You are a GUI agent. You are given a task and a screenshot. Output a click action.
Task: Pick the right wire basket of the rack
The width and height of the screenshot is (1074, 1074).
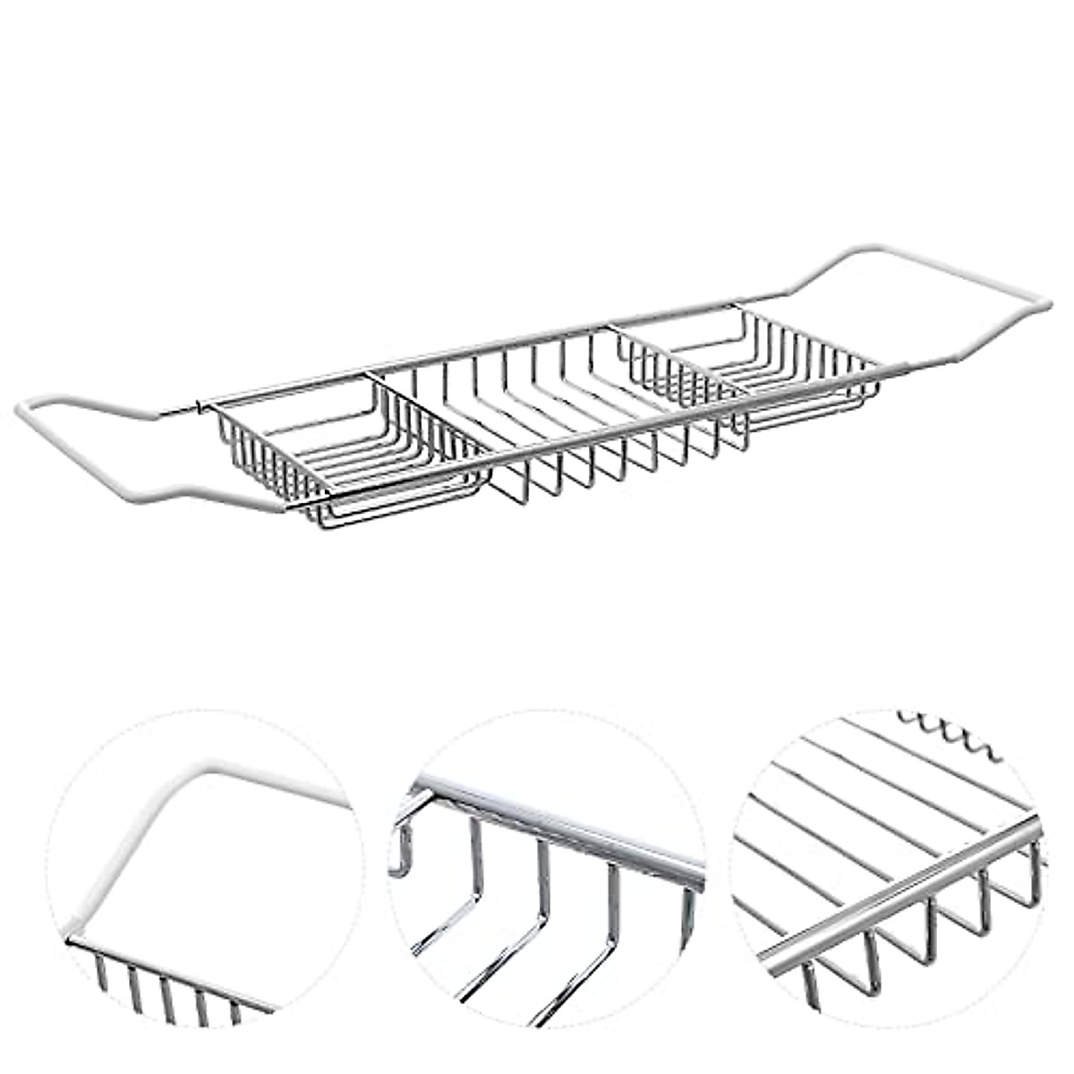(752, 367)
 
